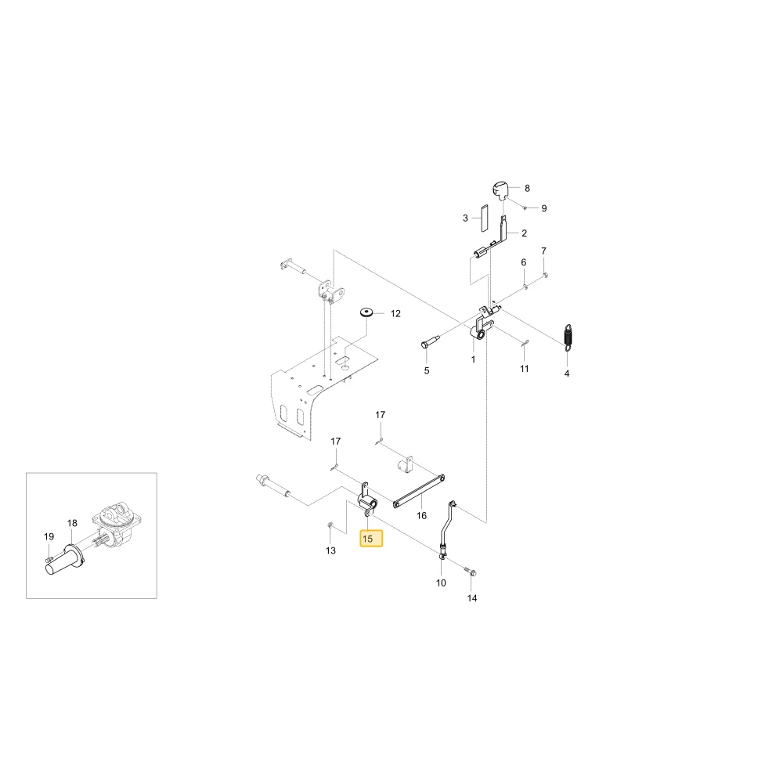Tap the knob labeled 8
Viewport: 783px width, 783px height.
click(498, 189)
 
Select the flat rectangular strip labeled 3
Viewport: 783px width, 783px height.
click(484, 218)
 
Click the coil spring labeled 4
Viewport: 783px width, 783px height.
click(568, 337)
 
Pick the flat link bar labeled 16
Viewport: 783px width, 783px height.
click(419, 492)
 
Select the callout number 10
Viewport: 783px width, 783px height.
click(441, 583)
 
